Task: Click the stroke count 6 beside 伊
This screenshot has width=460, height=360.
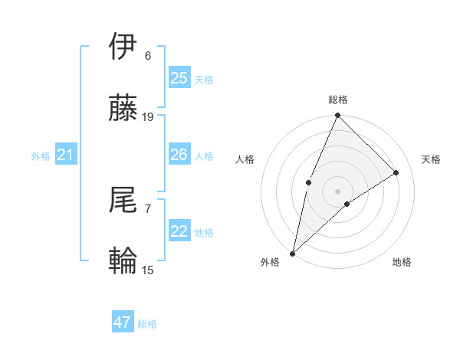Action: click(x=148, y=56)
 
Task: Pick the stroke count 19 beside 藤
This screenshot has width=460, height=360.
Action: click(x=148, y=117)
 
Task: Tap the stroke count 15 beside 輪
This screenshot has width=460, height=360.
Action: click(x=148, y=270)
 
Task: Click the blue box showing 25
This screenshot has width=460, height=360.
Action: click(x=179, y=77)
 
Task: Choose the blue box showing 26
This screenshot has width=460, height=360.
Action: click(x=179, y=155)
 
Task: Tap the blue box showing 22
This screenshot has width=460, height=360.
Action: click(x=179, y=231)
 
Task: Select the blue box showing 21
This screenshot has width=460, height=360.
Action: click(x=66, y=155)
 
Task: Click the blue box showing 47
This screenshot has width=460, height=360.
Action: click(x=123, y=322)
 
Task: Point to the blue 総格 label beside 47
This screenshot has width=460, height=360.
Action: click(x=147, y=324)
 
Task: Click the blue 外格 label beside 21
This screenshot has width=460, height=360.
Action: click(x=41, y=156)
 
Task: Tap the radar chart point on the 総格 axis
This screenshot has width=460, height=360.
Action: click(x=337, y=116)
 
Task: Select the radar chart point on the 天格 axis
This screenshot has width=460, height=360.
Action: click(x=396, y=172)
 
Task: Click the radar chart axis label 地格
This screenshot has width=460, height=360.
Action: click(x=402, y=262)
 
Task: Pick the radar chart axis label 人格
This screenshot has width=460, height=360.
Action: click(x=245, y=159)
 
